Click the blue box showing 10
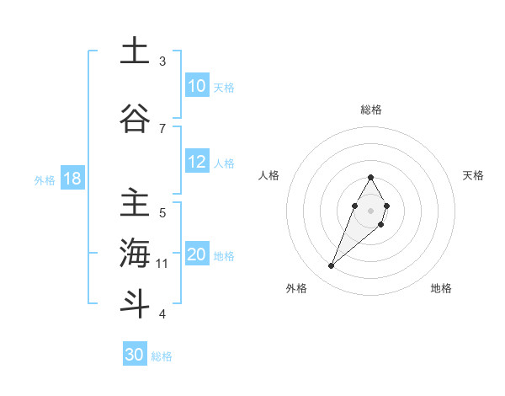coord(197,86)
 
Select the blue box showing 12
coord(197,163)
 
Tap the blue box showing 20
coord(197,255)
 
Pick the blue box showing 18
coord(72,179)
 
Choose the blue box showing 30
coord(135,356)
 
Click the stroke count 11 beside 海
coord(162,264)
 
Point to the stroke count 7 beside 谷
coord(162,128)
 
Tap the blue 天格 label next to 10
coord(224,87)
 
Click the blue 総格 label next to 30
coord(162,356)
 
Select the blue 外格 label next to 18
coord(45,179)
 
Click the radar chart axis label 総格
coord(371,110)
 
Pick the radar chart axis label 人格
coord(269,175)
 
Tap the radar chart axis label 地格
coord(441,289)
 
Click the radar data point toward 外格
coord(331,266)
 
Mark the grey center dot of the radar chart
coord(371,209)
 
